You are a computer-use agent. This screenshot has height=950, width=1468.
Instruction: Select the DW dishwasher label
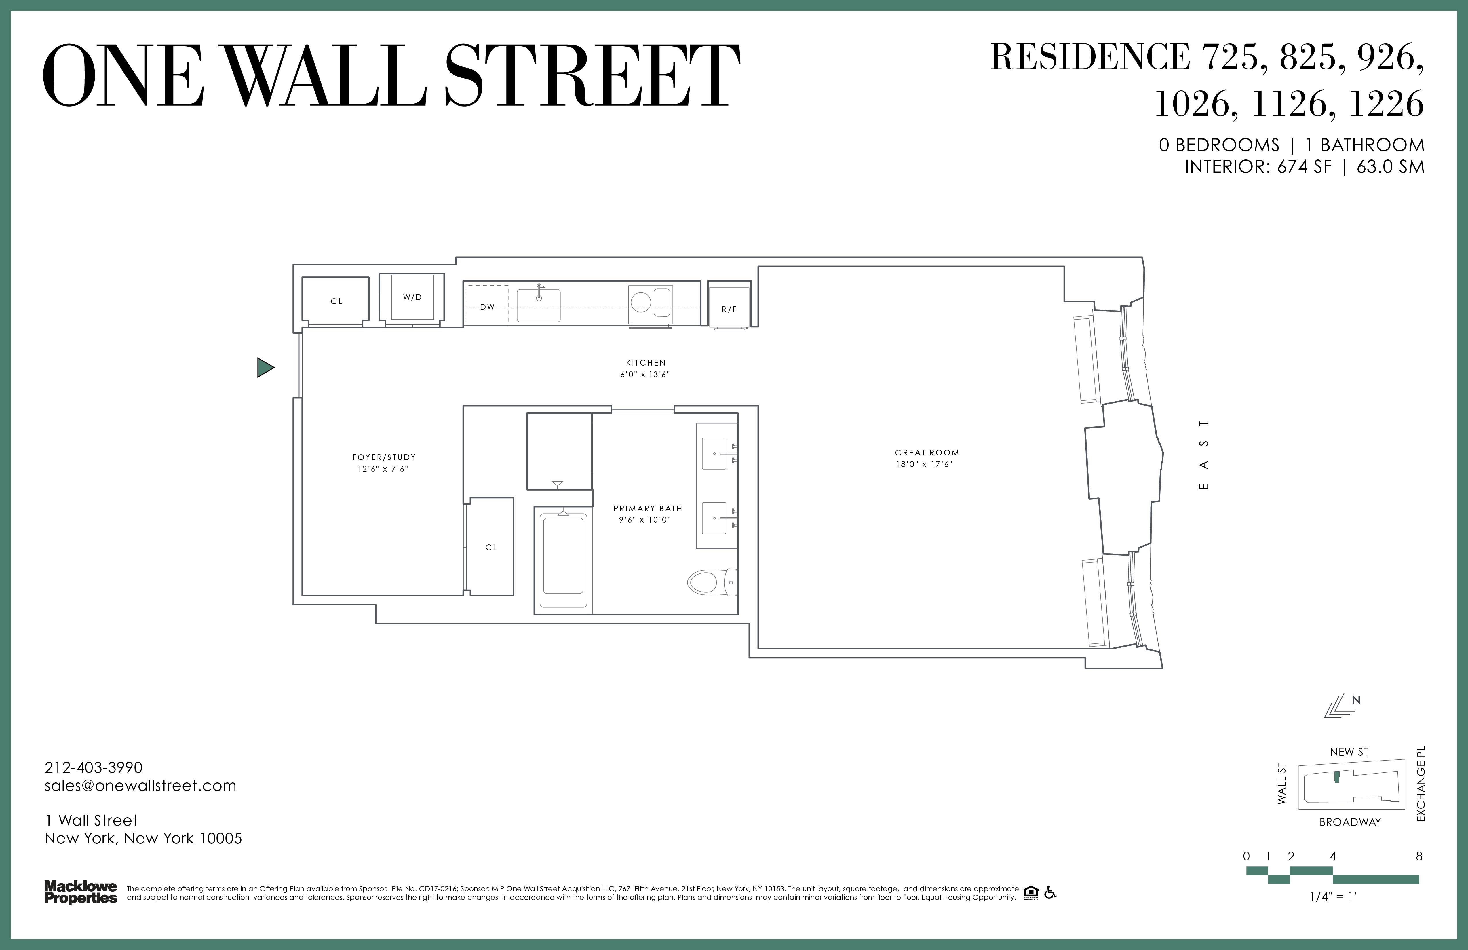point(487,307)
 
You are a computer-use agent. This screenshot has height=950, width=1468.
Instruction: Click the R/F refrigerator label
point(729,309)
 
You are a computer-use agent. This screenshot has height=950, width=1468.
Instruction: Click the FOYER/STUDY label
point(384,457)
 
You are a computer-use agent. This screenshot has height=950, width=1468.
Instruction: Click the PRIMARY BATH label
point(648,508)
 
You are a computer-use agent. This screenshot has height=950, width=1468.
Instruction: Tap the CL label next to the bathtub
point(491,547)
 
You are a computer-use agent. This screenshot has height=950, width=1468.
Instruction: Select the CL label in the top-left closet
point(336,301)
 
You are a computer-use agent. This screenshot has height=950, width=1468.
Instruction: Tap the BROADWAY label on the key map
point(1350,822)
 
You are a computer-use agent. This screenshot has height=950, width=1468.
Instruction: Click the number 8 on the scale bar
point(1419,856)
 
